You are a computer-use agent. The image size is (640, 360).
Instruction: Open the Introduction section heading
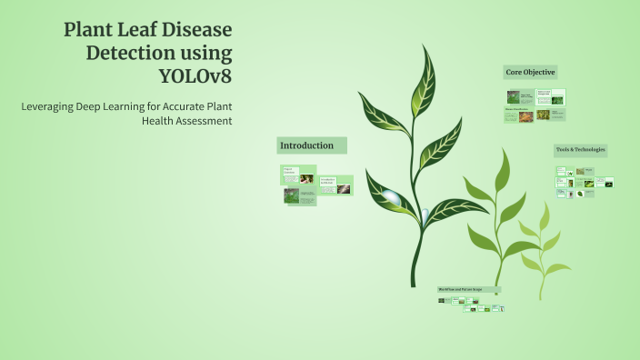pyautogui.click(x=306, y=145)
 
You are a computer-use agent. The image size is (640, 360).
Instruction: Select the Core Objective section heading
pyautogui.click(x=530, y=72)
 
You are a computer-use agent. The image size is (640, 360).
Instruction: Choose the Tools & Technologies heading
pyautogui.click(x=580, y=149)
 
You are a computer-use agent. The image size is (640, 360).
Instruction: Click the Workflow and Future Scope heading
pyautogui.click(x=468, y=290)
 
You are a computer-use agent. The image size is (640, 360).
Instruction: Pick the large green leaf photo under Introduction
pyautogui.click(x=292, y=195)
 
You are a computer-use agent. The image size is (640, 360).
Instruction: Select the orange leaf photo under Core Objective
pyautogui.click(x=545, y=115)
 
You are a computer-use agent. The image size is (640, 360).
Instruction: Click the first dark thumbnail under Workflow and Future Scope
pyautogui.click(x=442, y=301)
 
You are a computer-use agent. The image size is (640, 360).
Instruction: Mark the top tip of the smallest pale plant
pyautogui.click(x=545, y=204)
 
